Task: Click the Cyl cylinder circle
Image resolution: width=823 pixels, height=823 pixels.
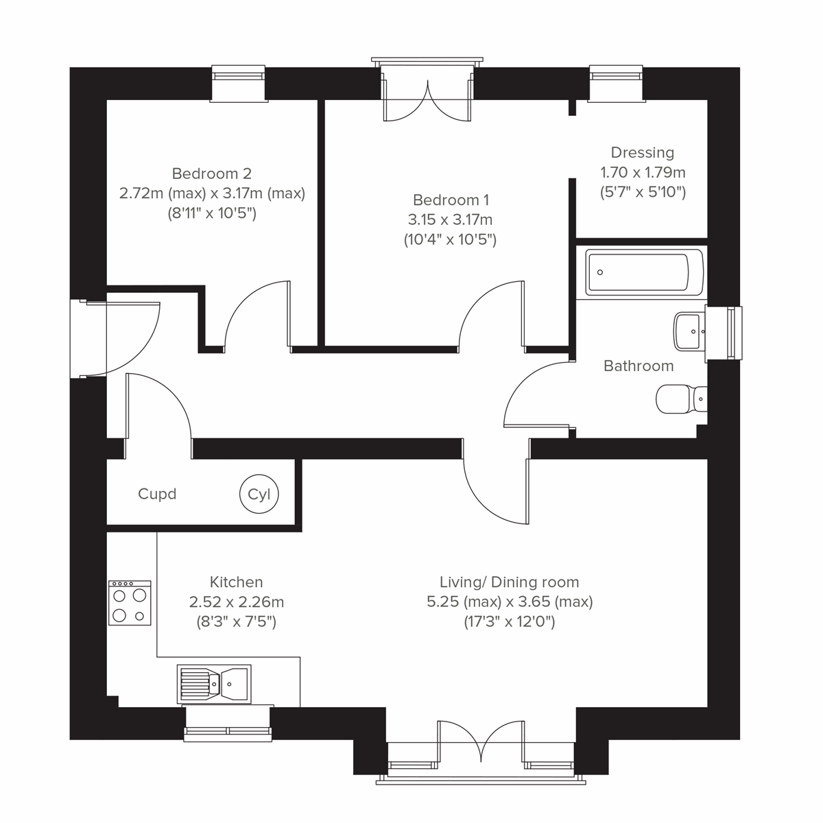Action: tap(259, 494)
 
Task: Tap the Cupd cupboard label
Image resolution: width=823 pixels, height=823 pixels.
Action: tap(157, 494)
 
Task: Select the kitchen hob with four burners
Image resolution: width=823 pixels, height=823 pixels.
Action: tap(130, 603)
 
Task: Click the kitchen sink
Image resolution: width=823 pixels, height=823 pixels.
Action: tap(214, 683)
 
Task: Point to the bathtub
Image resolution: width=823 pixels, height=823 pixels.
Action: tap(644, 272)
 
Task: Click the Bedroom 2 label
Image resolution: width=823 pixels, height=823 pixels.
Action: tap(212, 174)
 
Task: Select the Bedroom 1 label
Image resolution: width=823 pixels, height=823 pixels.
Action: tap(451, 200)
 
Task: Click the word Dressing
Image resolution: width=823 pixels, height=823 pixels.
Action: tap(643, 152)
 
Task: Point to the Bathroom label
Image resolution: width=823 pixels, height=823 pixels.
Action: tap(639, 366)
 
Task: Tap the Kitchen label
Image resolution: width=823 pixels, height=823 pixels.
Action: tap(236, 582)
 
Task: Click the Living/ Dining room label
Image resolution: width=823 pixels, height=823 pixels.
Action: tap(509, 582)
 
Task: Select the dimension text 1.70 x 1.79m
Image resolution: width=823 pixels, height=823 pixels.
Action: tap(643, 172)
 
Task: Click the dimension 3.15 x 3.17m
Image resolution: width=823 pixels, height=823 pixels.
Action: tap(450, 220)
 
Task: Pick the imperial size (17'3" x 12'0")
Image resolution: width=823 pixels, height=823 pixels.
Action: tap(509, 622)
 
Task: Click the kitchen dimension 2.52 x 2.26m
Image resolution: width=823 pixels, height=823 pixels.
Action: tap(236, 602)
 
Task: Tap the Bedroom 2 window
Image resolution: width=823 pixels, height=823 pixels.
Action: tap(238, 83)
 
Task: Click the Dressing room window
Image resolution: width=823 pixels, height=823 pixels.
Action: tap(617, 83)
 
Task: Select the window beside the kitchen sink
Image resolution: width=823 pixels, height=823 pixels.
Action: tap(228, 724)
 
